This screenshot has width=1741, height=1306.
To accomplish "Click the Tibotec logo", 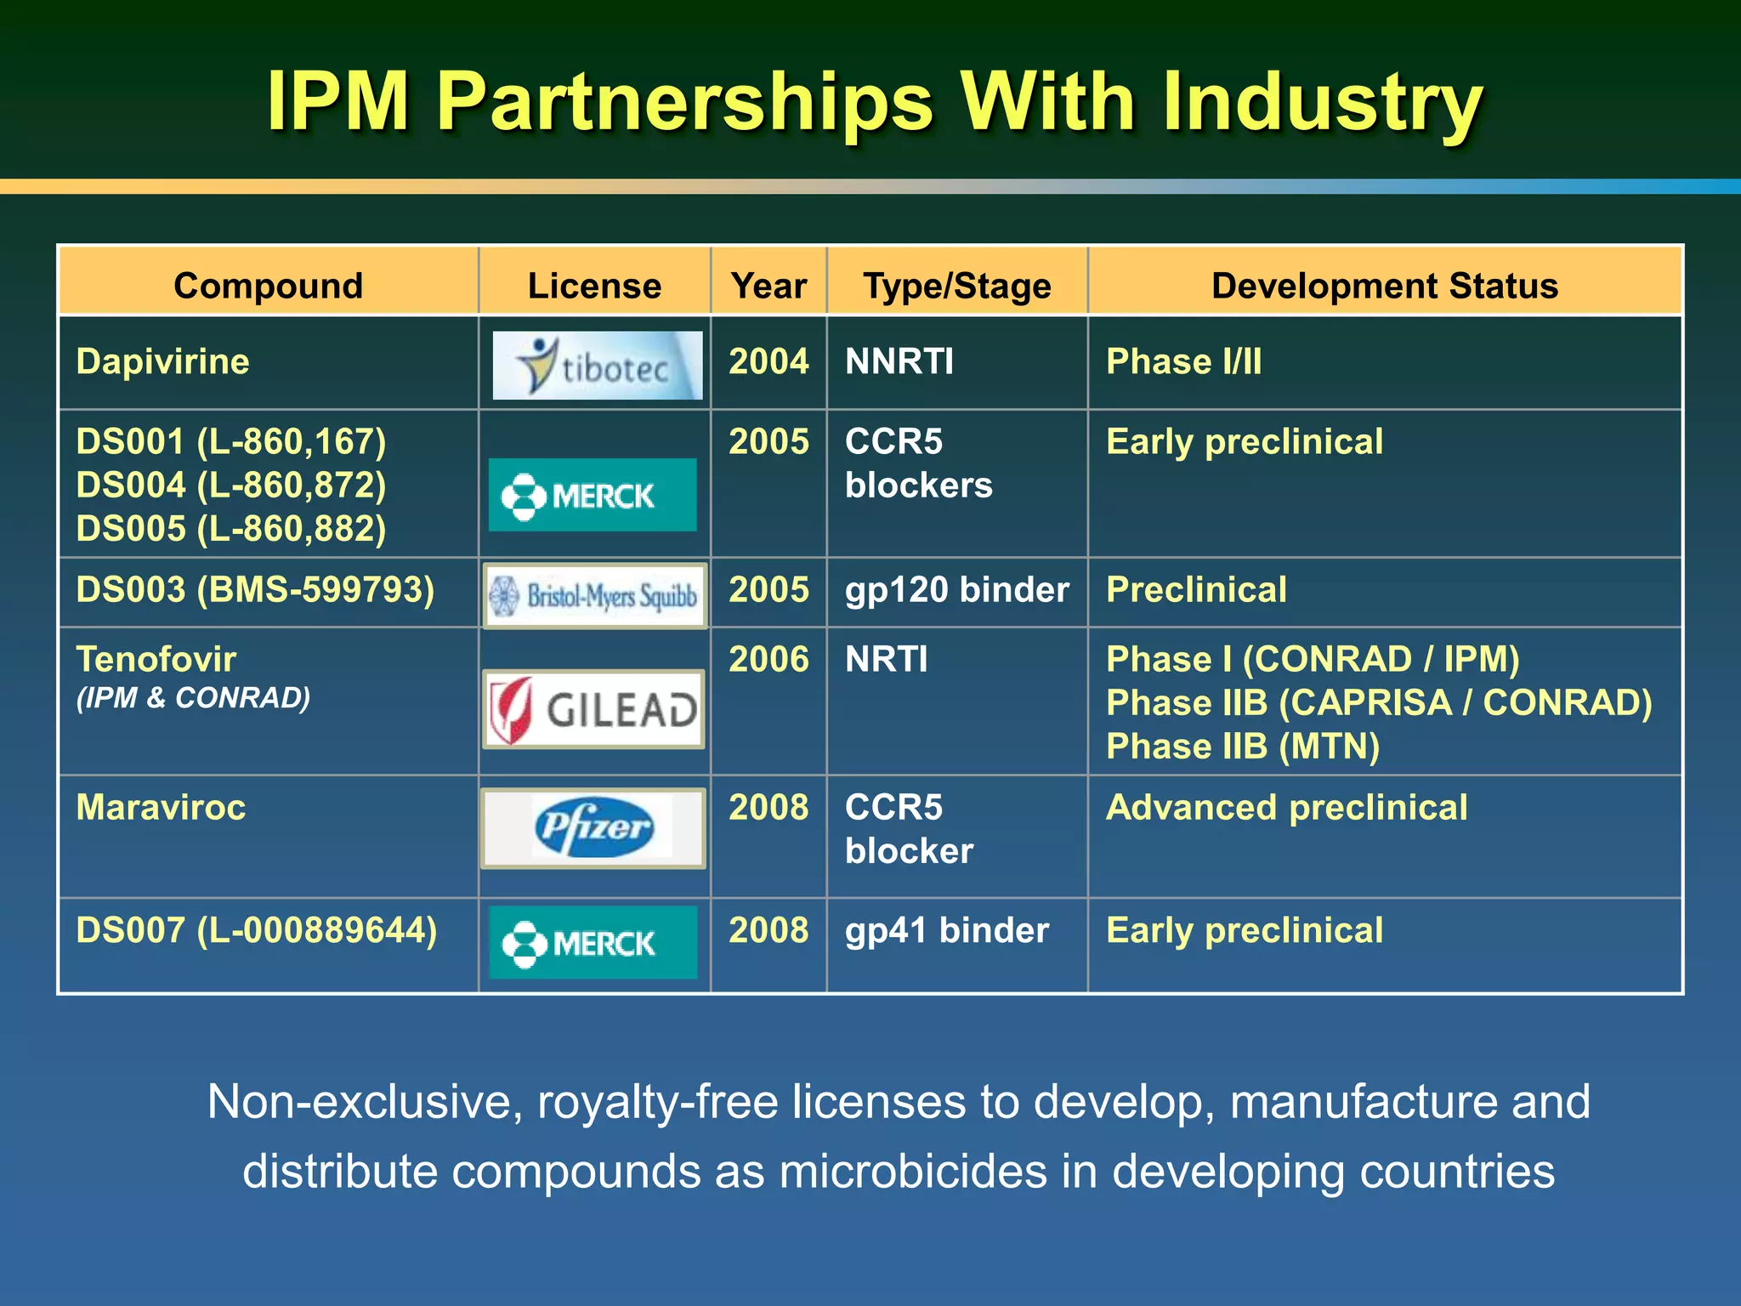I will tap(597, 366).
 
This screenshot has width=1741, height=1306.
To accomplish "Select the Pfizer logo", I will tap(593, 828).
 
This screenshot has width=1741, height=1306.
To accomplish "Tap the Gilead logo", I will tap(593, 709).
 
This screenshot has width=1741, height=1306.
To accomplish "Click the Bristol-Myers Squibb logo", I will tap(595, 595).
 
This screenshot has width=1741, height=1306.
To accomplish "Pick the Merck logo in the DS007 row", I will tap(593, 942).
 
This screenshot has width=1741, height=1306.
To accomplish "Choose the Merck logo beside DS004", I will tap(593, 495).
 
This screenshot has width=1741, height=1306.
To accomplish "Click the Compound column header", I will tap(268, 286).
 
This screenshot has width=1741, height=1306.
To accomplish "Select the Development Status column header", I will tap(1384, 286).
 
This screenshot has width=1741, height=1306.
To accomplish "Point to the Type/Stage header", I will tap(956, 286).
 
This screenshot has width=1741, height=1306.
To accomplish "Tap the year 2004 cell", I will tap(768, 361).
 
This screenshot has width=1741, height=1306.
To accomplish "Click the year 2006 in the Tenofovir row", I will tap(768, 659).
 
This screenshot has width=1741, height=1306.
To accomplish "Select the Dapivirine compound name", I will tap(162, 361).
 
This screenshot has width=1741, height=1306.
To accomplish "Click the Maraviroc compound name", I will tap(161, 807).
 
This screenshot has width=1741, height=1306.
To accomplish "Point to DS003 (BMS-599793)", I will tap(255, 589).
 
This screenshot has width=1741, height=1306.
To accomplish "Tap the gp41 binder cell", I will tap(946, 930).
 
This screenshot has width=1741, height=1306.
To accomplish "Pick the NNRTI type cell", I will tap(899, 361).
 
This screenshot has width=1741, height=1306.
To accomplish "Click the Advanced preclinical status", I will tap(1286, 807).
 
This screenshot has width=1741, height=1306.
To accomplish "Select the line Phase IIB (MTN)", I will tap(1242, 747).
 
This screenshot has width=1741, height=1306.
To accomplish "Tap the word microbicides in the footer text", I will tap(913, 1171).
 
